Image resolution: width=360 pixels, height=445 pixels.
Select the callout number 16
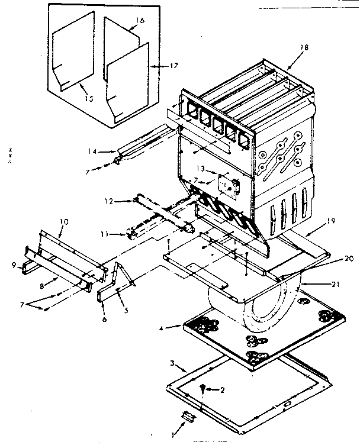point(140,20)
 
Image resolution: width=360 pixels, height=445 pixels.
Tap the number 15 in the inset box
point(88,99)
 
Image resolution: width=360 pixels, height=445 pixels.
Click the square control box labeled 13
point(227,185)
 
